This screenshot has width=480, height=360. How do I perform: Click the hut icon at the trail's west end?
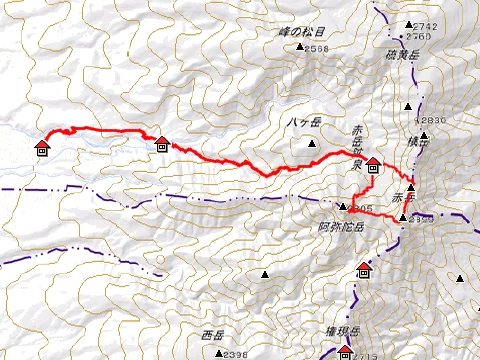[42, 148]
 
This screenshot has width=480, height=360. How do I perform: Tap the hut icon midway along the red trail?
[162, 144]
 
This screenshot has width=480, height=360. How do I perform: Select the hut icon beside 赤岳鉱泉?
[372, 165]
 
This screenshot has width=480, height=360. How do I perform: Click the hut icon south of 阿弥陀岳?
[365, 270]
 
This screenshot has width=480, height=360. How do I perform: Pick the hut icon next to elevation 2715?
[345, 351]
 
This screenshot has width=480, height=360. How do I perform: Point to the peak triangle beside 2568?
[300, 48]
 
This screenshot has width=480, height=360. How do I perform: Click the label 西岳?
[213, 335]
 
